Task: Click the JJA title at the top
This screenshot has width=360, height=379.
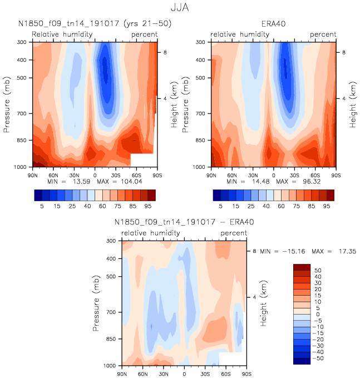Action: [x=180, y=8]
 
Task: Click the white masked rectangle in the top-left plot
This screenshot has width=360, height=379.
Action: [x=142, y=160]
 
